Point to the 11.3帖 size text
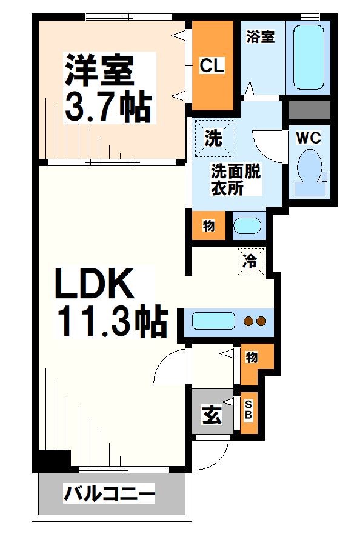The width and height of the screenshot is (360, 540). click(112, 322)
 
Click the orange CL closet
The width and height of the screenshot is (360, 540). click(213, 65)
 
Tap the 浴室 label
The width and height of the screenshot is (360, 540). click(261, 37)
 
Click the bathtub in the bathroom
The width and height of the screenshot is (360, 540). click(308, 56)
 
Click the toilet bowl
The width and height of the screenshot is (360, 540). click(310, 168)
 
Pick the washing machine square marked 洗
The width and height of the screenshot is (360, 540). click(213, 138)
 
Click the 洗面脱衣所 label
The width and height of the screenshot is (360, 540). click(235, 179)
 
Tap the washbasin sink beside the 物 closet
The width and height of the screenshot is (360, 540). click(247, 226)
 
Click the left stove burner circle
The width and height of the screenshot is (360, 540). click(247, 321)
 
